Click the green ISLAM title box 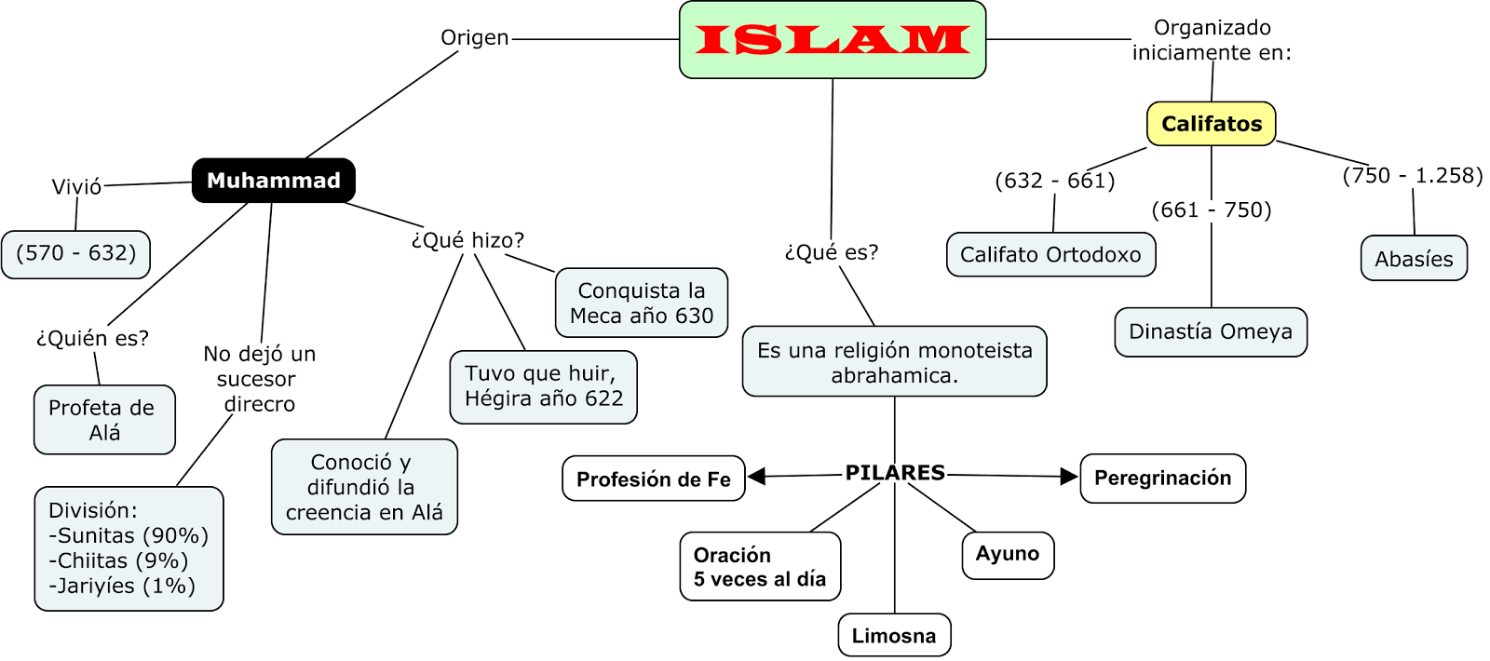click(833, 40)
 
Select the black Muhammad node click(273, 181)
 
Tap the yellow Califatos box click(1211, 124)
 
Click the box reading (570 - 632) click(75, 254)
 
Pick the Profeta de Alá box click(104, 420)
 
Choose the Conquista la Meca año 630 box click(641, 304)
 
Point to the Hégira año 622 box click(543, 386)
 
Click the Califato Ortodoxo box click(1050, 255)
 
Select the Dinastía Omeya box click(1210, 332)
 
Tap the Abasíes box click(1413, 259)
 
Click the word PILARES click(894, 473)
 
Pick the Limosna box click(894, 636)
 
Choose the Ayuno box click(1007, 555)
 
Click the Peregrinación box click(1162, 479)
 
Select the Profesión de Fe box click(653, 479)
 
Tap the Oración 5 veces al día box click(759, 567)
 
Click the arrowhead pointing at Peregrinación click(1069, 477)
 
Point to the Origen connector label click(474, 38)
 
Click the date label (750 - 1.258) click(1412, 176)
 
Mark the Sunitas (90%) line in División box click(129, 536)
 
